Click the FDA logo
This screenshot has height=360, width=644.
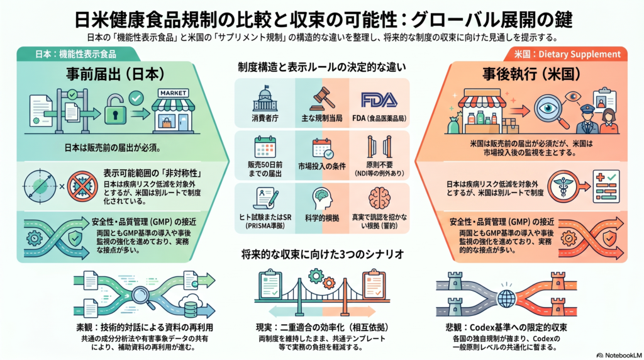pos(379,100)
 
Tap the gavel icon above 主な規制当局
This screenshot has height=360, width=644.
pos(322,99)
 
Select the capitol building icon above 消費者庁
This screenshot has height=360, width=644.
pos(265,99)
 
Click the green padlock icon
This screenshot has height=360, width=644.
pos(116,109)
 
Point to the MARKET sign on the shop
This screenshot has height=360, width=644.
pos(174,93)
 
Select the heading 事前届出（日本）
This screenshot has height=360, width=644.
pos(116,74)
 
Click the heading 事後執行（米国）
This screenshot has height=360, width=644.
pos(531,74)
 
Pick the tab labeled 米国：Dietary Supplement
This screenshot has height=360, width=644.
pos(567,54)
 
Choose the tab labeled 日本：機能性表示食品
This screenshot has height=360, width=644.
pos(75,54)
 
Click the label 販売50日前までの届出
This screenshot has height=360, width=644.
pos(265,169)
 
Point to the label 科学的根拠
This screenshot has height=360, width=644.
pos(322,218)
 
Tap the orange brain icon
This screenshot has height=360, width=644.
pos(379,198)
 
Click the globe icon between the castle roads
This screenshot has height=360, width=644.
pos(506,298)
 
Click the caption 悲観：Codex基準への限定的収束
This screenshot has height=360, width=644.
pos(506,327)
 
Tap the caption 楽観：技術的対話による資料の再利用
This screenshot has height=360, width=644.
pos(145,327)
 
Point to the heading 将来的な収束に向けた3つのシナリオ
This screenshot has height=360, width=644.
pos(323,254)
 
